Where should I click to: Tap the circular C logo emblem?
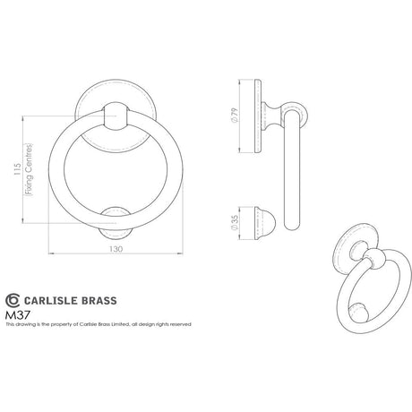(13, 301)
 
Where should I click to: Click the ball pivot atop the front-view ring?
(115, 116)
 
